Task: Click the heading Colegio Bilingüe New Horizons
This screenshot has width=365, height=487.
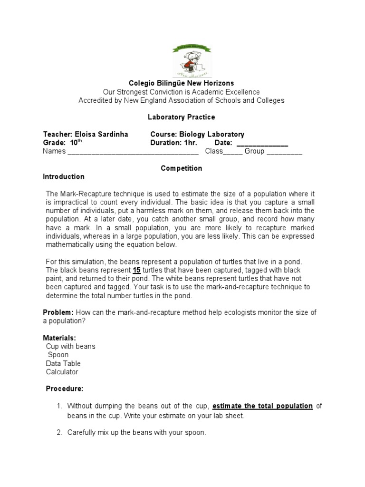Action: tap(182, 83)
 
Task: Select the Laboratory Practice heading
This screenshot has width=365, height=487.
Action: tap(182, 117)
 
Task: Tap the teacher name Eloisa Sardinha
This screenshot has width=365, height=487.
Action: tap(101, 135)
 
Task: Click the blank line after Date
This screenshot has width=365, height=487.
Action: tap(262, 143)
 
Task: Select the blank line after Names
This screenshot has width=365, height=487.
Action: tap(133, 152)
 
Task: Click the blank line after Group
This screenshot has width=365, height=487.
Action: tap(284, 152)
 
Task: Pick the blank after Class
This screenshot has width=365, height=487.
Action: tap(233, 152)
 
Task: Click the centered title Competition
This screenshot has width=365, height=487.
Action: tap(182, 168)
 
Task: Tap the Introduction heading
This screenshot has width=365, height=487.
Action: tap(64, 177)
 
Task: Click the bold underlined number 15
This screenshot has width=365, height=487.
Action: tap(137, 270)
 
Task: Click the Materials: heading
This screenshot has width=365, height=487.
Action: tap(59, 338)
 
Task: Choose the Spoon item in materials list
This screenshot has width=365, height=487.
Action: tap(58, 355)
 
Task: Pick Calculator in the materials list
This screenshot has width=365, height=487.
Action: tap(62, 372)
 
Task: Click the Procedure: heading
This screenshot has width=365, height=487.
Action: tap(65, 389)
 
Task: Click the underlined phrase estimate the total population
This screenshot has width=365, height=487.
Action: tap(262, 406)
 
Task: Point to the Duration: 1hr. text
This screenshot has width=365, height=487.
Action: tap(173, 143)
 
